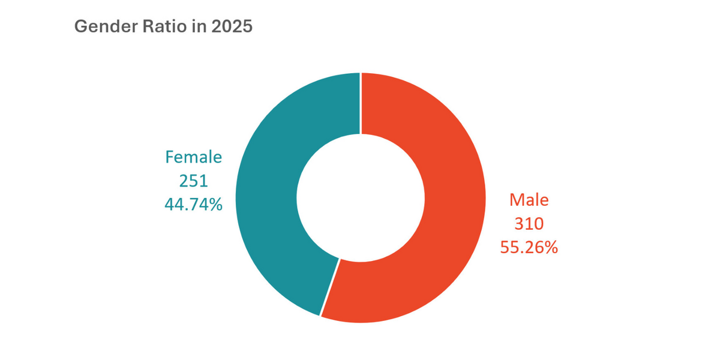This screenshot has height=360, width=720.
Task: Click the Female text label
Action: click(193, 157)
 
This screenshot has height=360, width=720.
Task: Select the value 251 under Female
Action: click(193, 181)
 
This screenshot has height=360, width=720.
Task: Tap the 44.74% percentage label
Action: click(193, 205)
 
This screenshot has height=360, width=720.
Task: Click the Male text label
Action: click(529, 200)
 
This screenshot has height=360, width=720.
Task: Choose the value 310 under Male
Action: click(529, 224)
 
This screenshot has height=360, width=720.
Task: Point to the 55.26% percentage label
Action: click(529, 247)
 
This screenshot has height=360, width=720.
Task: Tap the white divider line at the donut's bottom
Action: click(330, 287)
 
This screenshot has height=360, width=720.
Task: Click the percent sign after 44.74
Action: click(215, 205)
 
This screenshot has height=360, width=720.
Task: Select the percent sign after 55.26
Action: click(550, 247)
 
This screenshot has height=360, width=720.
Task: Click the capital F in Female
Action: click(170, 157)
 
